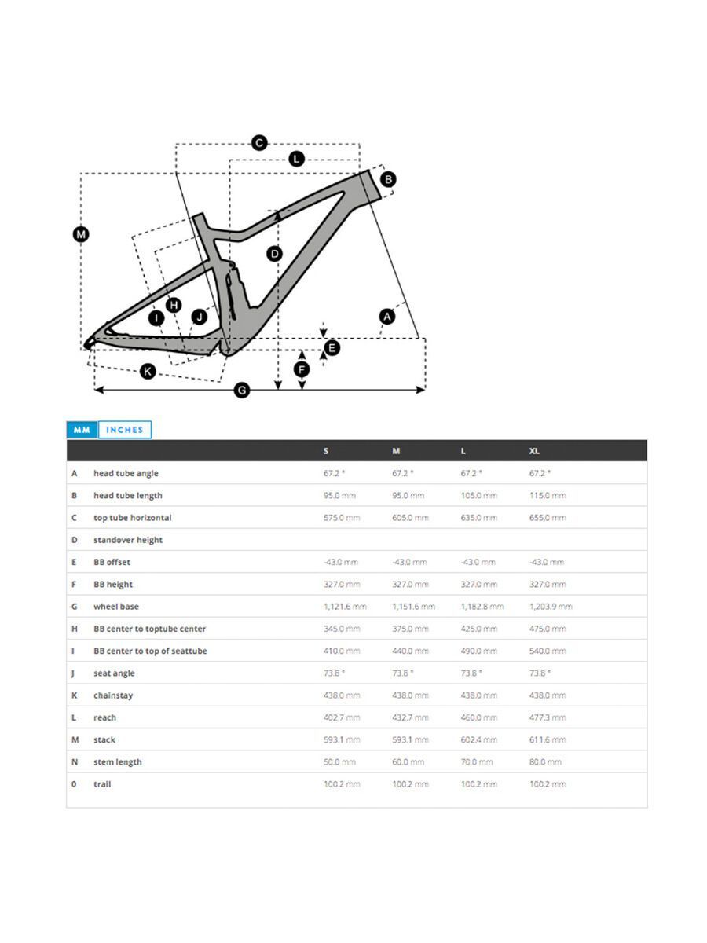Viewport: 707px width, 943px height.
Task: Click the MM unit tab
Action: [x=82, y=430]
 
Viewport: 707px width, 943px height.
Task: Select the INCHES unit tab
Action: [x=125, y=430]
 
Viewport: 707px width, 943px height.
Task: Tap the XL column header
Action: [x=534, y=451]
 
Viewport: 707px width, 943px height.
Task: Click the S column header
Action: [x=326, y=451]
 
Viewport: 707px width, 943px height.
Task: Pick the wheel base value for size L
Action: [x=482, y=607]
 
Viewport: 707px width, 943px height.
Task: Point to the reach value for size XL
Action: [x=547, y=717]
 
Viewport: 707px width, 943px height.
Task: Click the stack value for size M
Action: [x=410, y=739]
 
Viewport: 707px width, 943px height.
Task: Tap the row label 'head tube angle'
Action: [x=126, y=473]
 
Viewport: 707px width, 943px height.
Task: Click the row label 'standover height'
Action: [x=128, y=540]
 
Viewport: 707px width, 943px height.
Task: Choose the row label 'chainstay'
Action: [x=114, y=695]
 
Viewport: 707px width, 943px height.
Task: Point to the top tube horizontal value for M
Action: [x=410, y=518]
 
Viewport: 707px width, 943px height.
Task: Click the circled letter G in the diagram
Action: [x=242, y=390]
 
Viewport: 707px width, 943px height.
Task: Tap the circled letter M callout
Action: [x=81, y=234]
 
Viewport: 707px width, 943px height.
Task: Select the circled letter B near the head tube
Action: [x=387, y=179]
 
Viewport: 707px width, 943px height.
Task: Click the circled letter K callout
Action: [x=148, y=371]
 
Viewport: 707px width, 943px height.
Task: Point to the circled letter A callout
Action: [x=386, y=316]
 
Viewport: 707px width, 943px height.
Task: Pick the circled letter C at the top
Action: [x=259, y=143]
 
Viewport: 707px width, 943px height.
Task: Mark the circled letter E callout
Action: [x=332, y=347]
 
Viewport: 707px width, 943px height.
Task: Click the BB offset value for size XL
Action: [x=547, y=562]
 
